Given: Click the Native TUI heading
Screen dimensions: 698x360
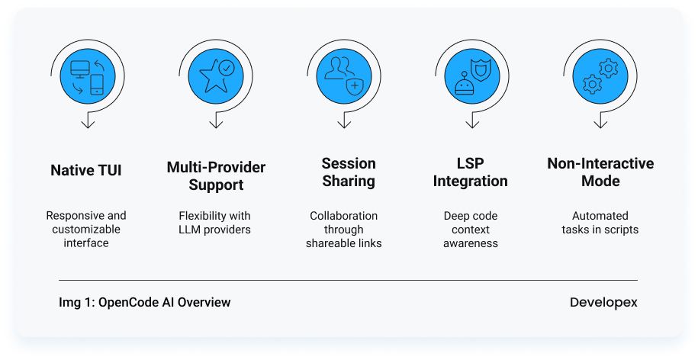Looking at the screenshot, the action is [x=86, y=170].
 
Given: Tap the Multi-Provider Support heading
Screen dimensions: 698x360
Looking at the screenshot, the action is [x=216, y=175].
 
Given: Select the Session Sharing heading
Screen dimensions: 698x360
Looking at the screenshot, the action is [x=349, y=172].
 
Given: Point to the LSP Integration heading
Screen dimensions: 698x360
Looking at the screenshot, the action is [x=470, y=172].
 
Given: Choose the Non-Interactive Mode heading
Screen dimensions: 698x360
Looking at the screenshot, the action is [x=600, y=172].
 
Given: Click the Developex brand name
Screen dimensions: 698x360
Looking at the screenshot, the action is [x=603, y=303].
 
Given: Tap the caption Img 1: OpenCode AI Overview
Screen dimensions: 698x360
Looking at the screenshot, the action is [x=145, y=302].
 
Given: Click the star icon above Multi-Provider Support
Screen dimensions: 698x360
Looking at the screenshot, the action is [x=213, y=76].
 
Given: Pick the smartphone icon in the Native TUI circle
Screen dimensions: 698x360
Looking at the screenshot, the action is [x=97, y=85].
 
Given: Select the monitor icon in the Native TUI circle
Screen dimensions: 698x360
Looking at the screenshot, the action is [x=80, y=69].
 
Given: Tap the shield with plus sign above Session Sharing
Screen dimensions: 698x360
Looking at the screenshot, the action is [x=355, y=85].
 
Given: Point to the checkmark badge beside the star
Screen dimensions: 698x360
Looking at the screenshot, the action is [x=227, y=68].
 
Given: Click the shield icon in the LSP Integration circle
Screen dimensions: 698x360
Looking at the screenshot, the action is [x=481, y=69].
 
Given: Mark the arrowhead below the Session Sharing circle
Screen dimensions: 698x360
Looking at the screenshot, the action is [x=344, y=122].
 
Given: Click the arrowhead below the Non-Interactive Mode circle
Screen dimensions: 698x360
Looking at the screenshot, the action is [x=600, y=122].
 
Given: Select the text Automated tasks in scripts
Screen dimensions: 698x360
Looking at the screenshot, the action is [x=600, y=223].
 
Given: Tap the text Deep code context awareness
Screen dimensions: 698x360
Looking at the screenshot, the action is [x=471, y=230].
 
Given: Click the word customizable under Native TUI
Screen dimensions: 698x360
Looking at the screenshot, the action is [x=86, y=229].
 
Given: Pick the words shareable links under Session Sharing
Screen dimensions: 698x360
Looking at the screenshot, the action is [x=343, y=243].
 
